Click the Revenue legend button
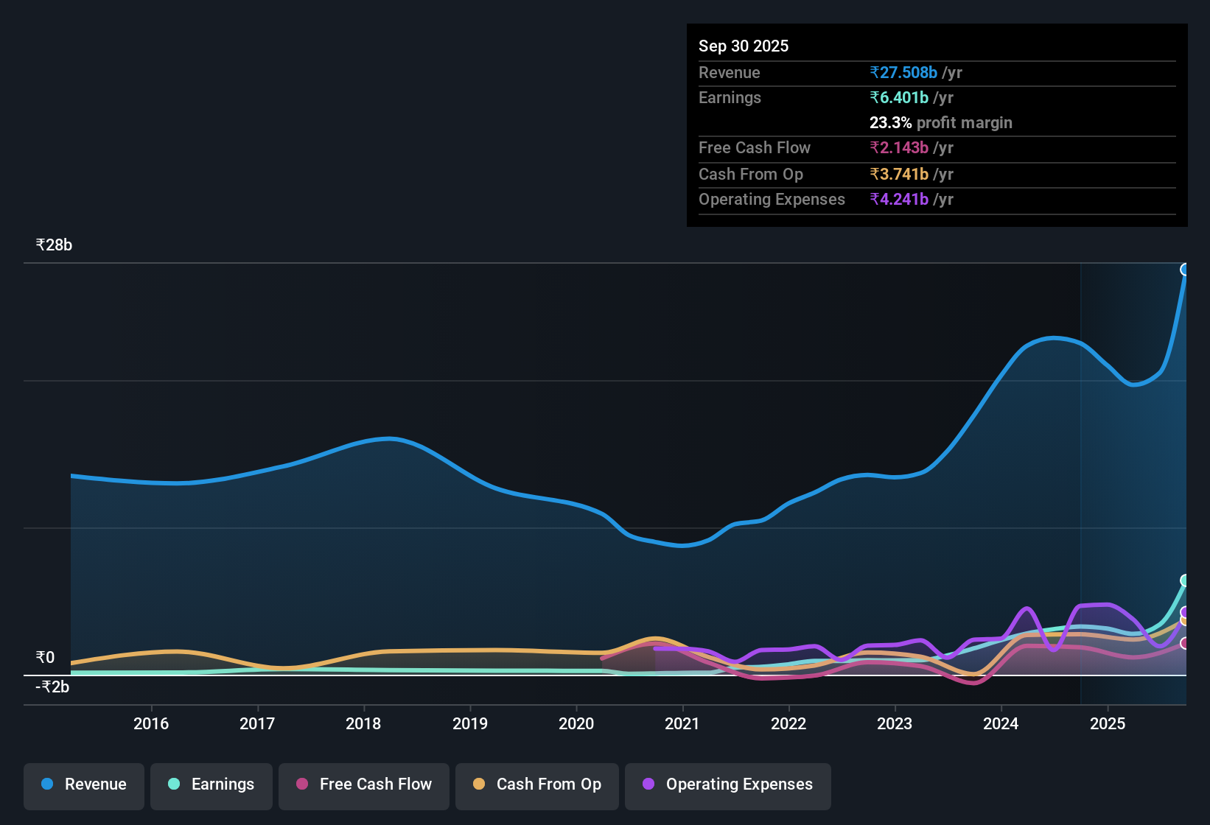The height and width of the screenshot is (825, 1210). coord(84,784)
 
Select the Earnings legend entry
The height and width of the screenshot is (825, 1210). coord(211,784)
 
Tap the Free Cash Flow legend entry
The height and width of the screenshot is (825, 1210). coord(364,784)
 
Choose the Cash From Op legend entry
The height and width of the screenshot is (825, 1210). coord(537,784)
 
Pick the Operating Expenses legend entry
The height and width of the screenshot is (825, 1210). coord(728,784)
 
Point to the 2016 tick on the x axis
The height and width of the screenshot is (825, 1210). coord(151,723)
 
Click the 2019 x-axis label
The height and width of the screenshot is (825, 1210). coord(470,723)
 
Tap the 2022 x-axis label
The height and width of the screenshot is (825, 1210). coord(788,723)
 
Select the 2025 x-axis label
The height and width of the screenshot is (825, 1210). coord(1108,723)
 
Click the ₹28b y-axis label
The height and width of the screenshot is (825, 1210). coord(55,245)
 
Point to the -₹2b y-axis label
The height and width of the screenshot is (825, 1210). coord(52,687)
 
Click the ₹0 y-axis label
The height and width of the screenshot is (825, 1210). coord(46,658)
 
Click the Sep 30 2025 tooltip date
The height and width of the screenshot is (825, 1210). coord(744,46)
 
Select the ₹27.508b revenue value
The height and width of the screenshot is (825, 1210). coord(903,73)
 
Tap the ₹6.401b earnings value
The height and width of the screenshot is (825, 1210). coord(899,98)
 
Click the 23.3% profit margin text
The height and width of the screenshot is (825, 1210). coord(940,123)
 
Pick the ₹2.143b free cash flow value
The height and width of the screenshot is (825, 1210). coord(899,148)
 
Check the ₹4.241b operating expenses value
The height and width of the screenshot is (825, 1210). coord(899,200)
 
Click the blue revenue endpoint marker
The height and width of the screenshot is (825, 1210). coord(1185,270)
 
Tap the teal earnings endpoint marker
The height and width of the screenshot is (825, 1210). coord(1185,580)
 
